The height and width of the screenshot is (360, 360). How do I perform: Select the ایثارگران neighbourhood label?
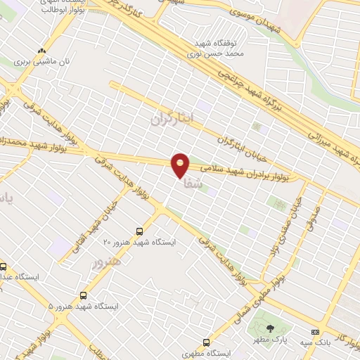(x=172, y=117)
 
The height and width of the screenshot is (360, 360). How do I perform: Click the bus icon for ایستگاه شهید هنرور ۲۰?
(x=139, y=230)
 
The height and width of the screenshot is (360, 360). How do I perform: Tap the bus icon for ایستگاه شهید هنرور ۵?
(x=84, y=296)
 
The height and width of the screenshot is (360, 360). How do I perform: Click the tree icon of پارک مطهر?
(x=270, y=329)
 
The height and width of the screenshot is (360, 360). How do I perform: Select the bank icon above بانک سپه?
(x=314, y=332)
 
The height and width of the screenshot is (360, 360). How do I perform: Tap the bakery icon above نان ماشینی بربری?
(x=42, y=51)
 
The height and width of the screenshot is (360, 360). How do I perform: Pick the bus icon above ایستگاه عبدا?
(x=4, y=266)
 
